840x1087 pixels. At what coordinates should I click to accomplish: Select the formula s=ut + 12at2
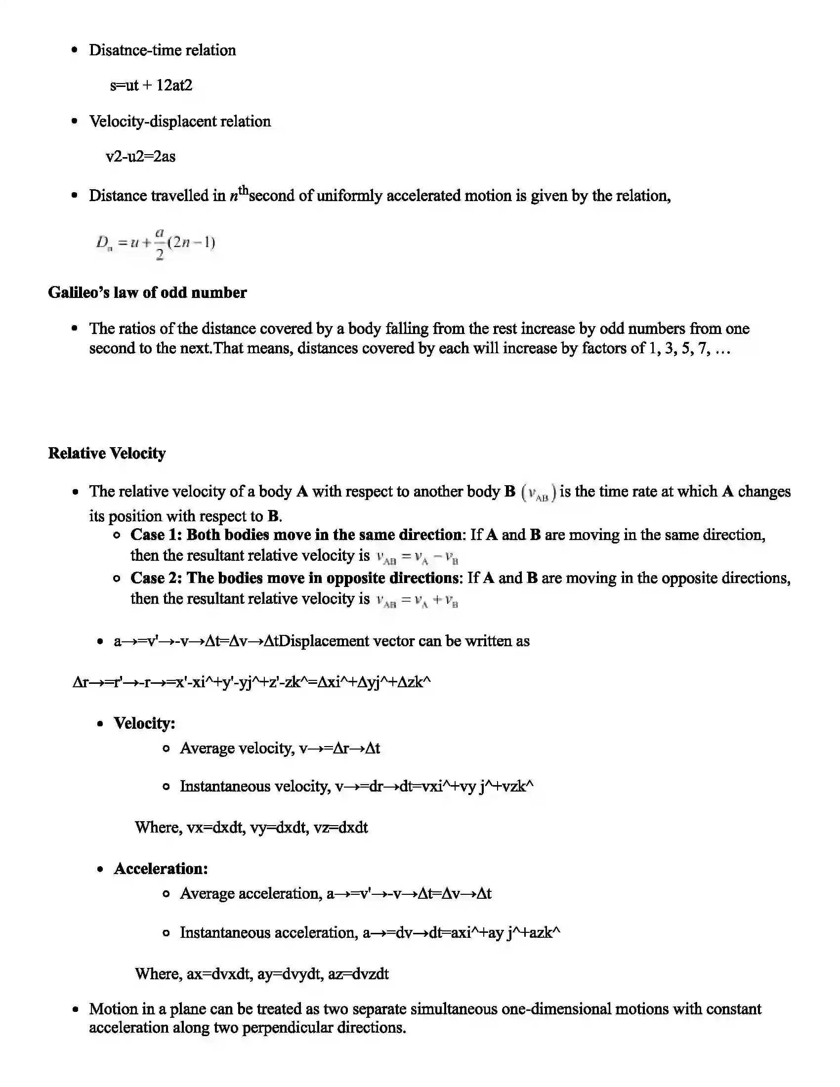[x=151, y=85]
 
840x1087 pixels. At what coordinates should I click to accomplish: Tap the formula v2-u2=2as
[x=141, y=157]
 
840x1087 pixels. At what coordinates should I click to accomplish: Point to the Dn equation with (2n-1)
[x=156, y=244]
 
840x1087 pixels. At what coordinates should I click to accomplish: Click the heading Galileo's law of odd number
[x=147, y=292]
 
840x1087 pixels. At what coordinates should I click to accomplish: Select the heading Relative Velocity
[x=107, y=453]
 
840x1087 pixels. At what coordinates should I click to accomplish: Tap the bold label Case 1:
[x=157, y=535]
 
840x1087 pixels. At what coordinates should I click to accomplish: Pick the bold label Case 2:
[x=157, y=578]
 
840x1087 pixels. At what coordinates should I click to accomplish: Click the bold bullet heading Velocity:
[x=144, y=723]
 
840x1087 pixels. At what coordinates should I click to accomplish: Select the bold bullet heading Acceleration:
[x=161, y=868]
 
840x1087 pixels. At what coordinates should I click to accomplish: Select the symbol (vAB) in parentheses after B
[x=538, y=493]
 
